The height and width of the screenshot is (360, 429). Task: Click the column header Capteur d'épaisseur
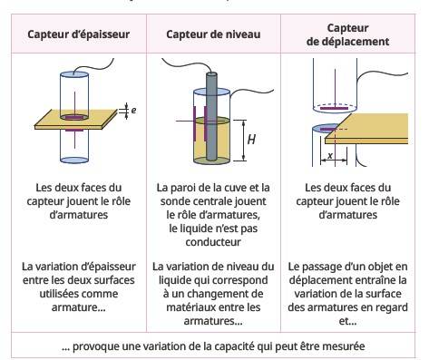(79, 34)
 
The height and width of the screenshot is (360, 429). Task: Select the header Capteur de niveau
(213, 34)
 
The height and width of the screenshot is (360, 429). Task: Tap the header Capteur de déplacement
(347, 34)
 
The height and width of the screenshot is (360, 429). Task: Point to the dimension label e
(133, 110)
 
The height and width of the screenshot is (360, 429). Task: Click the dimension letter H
(251, 140)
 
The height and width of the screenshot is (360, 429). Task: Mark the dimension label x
(330, 155)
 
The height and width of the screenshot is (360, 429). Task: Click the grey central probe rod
(211, 116)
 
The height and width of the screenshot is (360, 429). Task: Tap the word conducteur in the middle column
(213, 242)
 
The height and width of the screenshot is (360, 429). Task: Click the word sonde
(175, 201)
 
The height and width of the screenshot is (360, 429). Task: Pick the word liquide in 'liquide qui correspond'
(175, 280)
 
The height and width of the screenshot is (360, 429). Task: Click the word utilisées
(60, 294)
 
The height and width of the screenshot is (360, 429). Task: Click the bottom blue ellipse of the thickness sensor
(74, 160)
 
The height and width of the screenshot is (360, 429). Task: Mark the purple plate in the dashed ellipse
(334, 108)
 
